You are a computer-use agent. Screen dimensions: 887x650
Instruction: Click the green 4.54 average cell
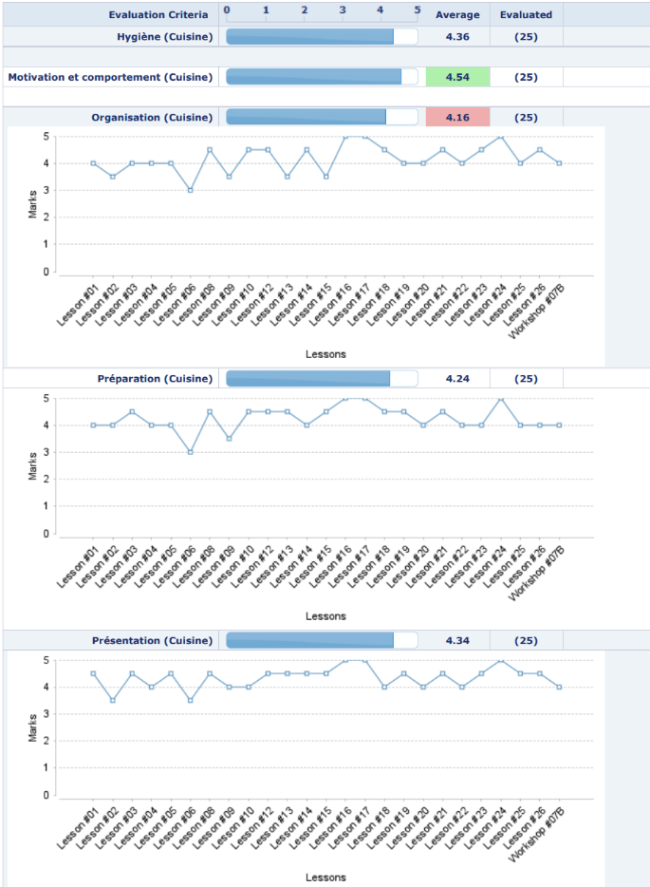click(x=457, y=77)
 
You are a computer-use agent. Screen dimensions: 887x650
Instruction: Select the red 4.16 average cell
click(x=457, y=118)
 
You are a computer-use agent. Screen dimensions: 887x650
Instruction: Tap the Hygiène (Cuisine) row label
click(x=158, y=36)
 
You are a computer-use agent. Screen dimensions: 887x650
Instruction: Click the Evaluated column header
click(x=526, y=15)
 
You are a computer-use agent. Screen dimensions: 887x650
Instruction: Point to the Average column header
click(x=457, y=15)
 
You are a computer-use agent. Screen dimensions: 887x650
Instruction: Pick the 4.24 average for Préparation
click(x=457, y=379)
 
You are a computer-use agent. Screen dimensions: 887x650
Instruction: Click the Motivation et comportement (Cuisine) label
click(x=110, y=77)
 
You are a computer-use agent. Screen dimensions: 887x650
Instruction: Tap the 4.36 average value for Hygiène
click(x=457, y=36)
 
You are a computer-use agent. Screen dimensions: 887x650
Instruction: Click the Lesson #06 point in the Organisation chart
click(x=190, y=190)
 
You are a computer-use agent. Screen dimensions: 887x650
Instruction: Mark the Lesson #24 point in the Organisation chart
click(x=501, y=137)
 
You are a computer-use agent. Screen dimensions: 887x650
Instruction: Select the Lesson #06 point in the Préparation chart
click(x=190, y=452)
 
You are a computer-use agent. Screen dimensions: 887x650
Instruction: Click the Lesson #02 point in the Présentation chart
click(x=112, y=701)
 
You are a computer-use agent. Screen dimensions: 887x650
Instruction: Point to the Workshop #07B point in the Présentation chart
click(x=560, y=687)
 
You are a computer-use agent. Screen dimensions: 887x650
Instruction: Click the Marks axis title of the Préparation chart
click(x=33, y=465)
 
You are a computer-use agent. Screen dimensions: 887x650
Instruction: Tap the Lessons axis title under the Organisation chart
click(x=325, y=353)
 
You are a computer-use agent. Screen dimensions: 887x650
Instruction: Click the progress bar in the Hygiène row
click(x=322, y=36)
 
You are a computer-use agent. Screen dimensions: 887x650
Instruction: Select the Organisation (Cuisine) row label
click(x=152, y=118)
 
